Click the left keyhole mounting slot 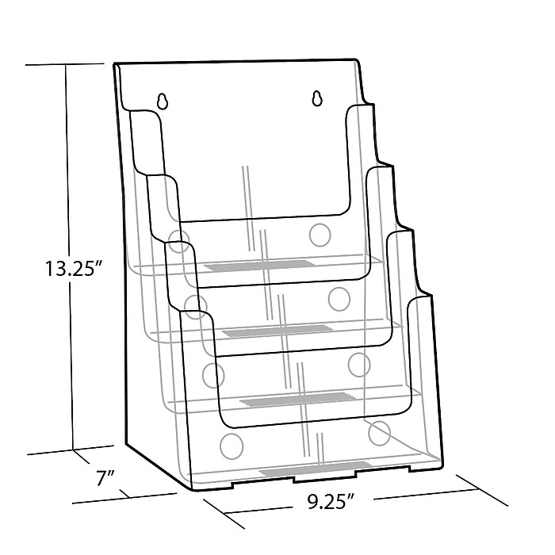[163, 101]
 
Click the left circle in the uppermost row [179, 240]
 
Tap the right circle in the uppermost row [320, 234]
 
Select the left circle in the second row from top [195, 304]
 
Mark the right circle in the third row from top [359, 363]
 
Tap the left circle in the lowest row [232, 444]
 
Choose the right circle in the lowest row [380, 432]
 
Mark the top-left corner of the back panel [115, 63]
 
